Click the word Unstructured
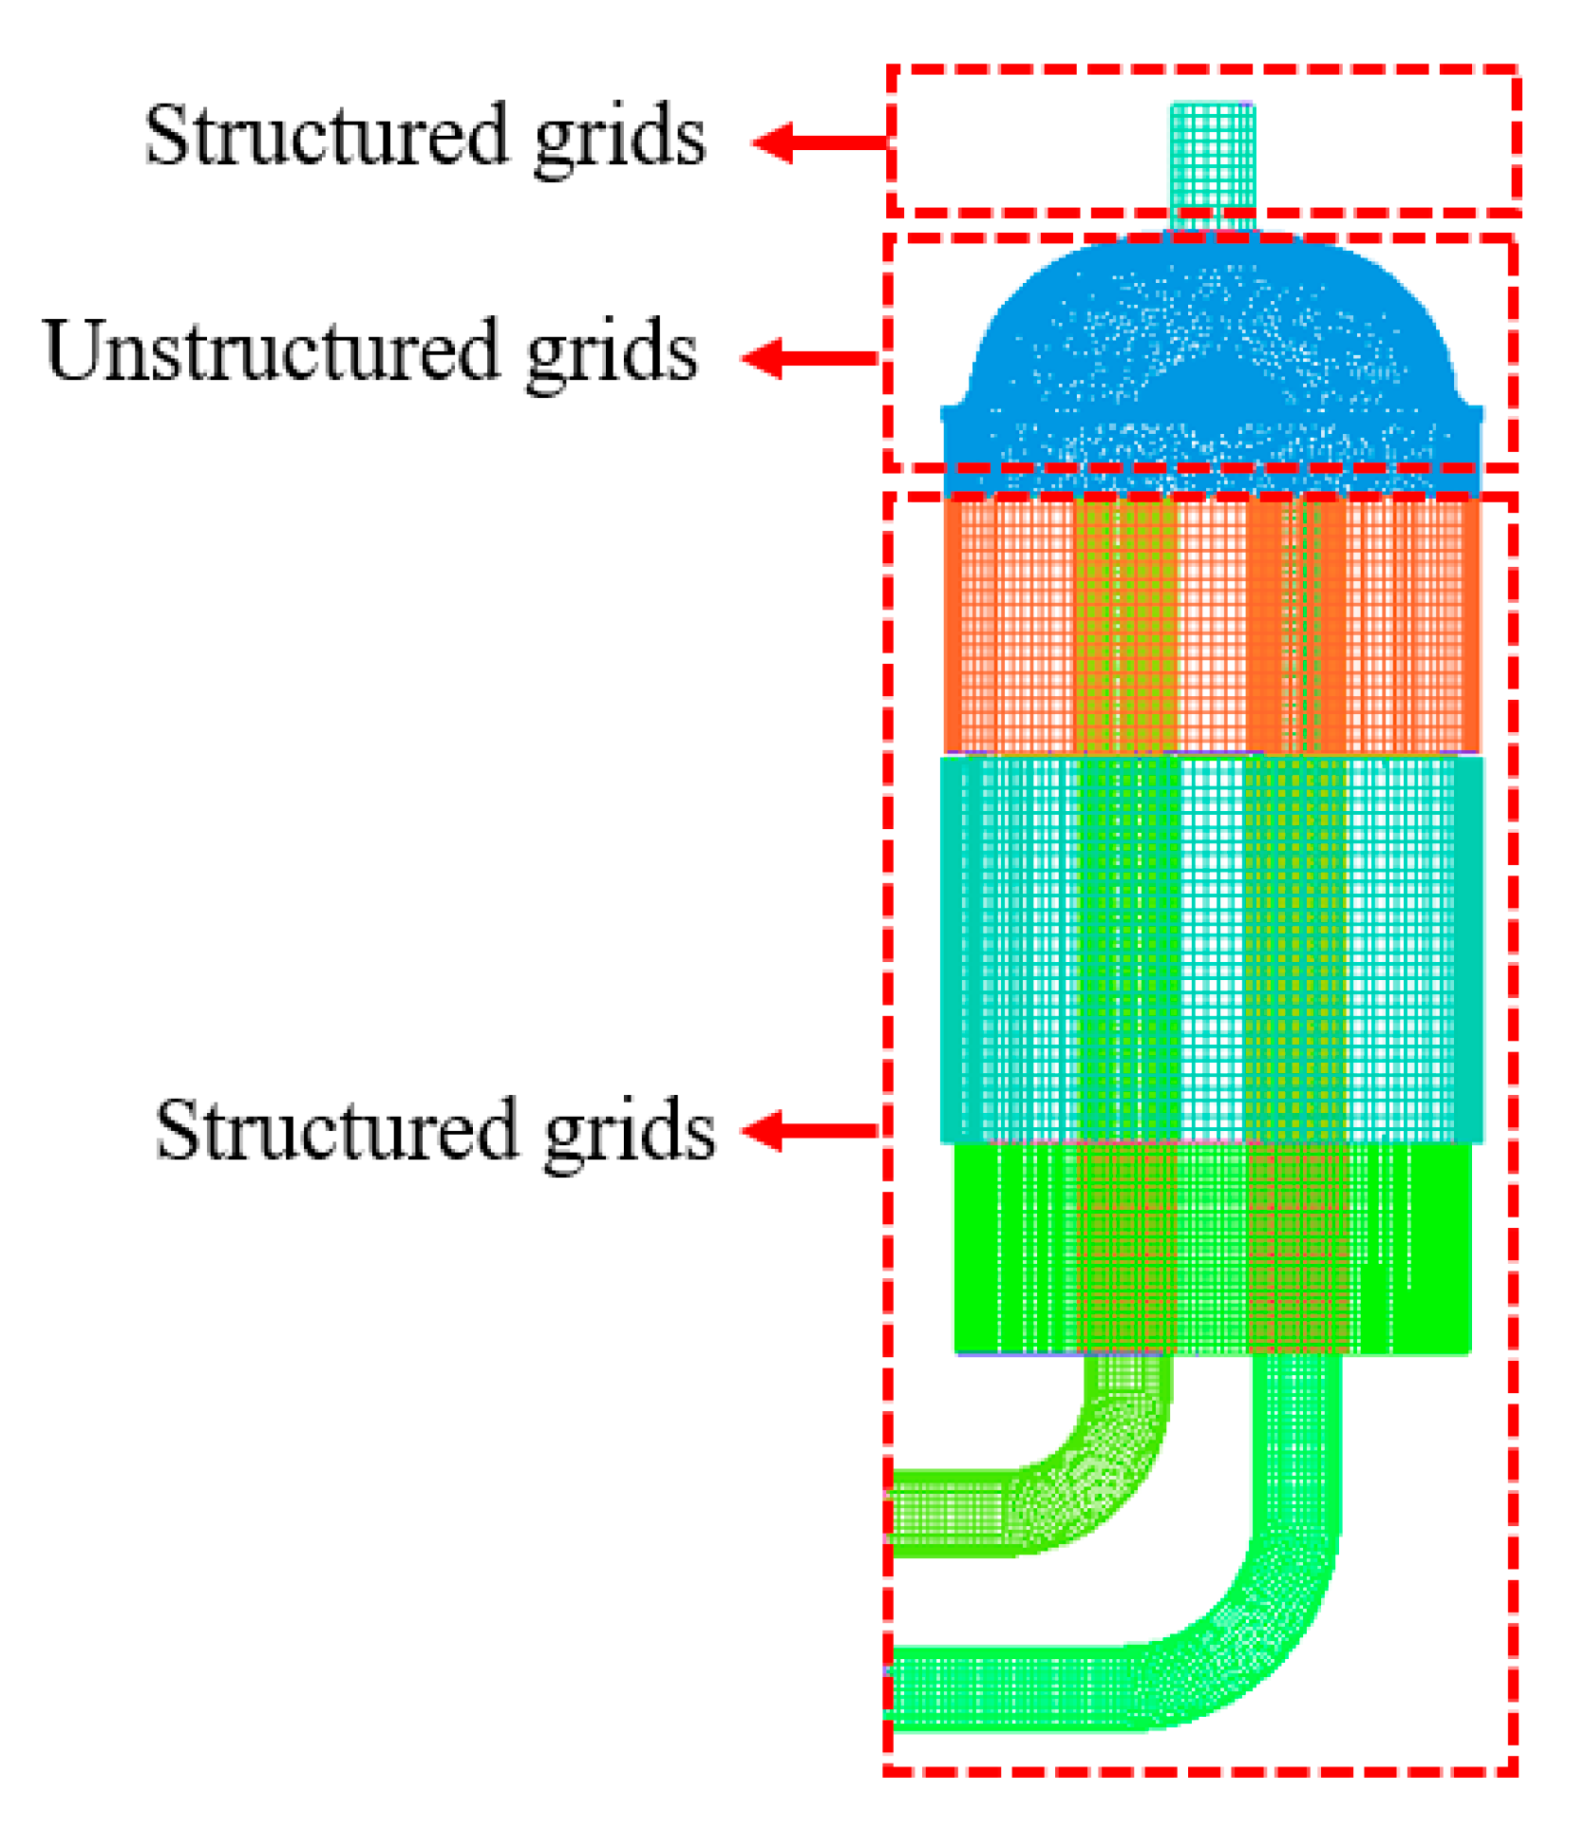(x=271, y=351)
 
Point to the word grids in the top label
(x=620, y=141)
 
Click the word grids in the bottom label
(x=629, y=1135)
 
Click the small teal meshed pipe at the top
(x=1212, y=161)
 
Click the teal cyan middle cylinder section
(x=1212, y=950)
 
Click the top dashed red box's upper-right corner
(x=1516, y=69)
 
